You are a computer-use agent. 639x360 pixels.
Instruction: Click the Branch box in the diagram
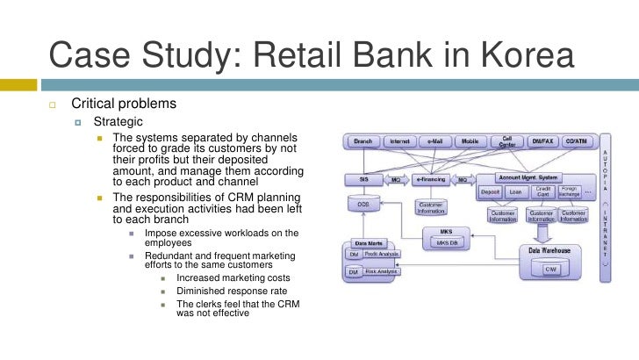point(363,140)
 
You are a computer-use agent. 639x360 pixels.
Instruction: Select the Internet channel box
point(399,140)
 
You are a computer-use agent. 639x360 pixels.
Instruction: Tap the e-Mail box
point(435,140)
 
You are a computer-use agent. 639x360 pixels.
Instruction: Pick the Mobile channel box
point(470,140)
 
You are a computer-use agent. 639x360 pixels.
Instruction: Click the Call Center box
point(507,140)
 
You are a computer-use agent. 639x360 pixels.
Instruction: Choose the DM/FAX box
point(543,140)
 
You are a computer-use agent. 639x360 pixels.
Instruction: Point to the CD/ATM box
point(579,140)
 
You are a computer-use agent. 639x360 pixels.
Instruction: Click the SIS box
point(363,179)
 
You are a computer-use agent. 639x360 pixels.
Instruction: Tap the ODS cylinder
point(363,205)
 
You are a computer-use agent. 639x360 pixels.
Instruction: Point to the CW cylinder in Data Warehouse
point(549,268)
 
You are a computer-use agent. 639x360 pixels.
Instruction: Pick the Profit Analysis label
point(379,255)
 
